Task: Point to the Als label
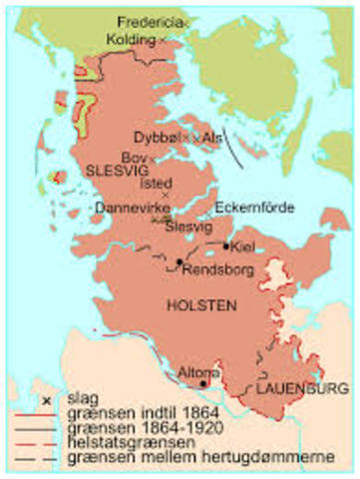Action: pyautogui.click(x=212, y=138)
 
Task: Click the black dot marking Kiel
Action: pyautogui.click(x=227, y=244)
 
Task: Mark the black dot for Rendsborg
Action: pyautogui.click(x=179, y=262)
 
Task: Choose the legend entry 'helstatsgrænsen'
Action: pyautogui.click(x=119, y=444)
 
